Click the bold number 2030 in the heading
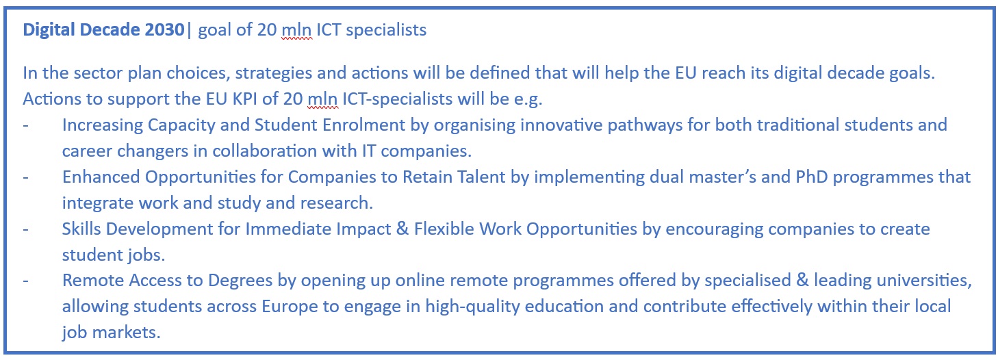pos(158,30)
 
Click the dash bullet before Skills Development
pos(26,230)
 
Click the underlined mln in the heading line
pos(296,30)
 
